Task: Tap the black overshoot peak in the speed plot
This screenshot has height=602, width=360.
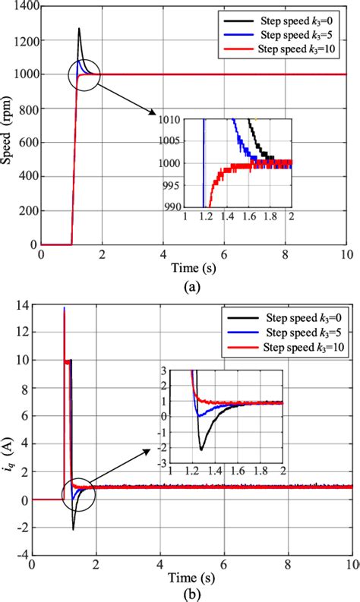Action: tap(78, 29)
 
